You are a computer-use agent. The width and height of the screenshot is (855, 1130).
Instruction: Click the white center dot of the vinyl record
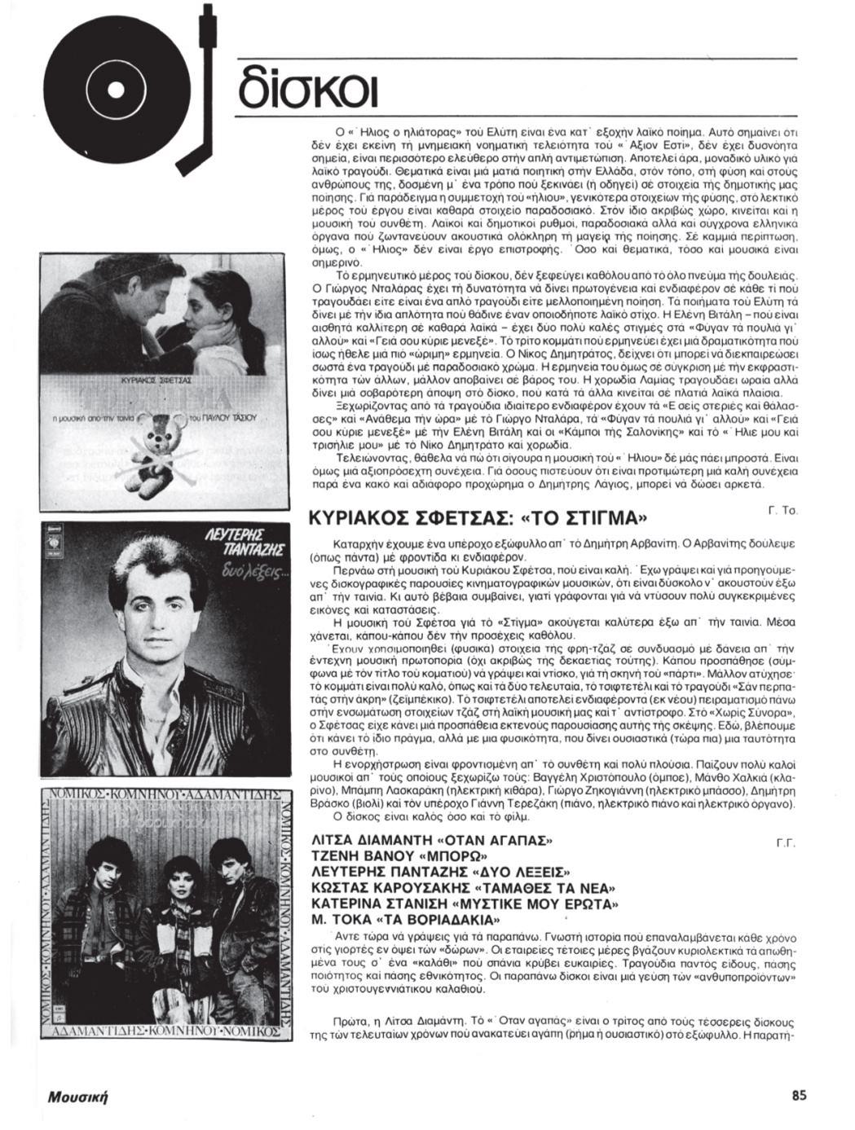pyautogui.click(x=117, y=86)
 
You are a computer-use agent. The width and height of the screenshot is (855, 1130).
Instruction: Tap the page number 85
pyautogui.click(x=799, y=1095)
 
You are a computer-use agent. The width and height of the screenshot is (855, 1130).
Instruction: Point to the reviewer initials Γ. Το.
pyautogui.click(x=782, y=510)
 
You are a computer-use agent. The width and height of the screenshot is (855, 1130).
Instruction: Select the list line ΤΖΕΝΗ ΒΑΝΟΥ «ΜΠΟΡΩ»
pyautogui.click(x=400, y=856)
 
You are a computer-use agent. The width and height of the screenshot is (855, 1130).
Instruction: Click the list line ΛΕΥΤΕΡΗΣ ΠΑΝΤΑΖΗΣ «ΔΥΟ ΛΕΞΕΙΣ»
pyautogui.click(x=441, y=873)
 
